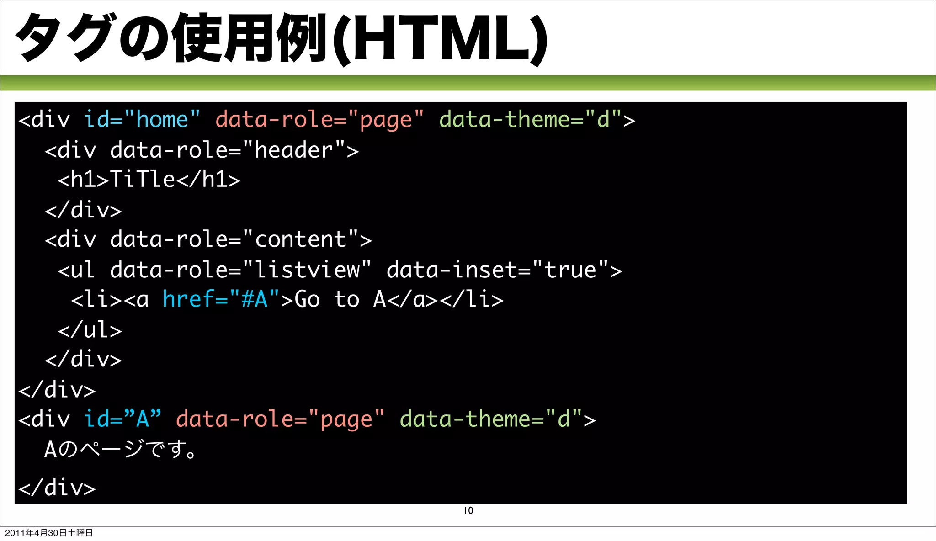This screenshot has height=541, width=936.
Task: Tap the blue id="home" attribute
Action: [142, 120]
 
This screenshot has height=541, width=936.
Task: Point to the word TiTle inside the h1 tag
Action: [143, 179]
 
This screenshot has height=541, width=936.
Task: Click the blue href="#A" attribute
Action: [221, 300]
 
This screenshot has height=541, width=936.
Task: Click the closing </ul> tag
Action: [90, 330]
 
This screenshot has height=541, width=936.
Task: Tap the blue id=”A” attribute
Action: [122, 419]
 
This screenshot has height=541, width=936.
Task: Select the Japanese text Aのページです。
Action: [121, 449]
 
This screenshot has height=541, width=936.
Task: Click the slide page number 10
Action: [468, 510]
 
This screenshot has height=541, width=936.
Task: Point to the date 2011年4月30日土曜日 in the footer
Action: [49, 533]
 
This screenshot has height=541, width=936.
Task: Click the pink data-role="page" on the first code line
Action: [319, 120]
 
